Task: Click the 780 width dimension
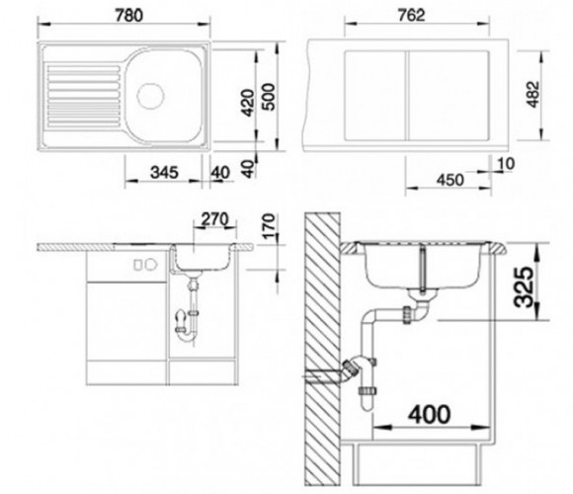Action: (x=128, y=16)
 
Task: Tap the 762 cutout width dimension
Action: (x=411, y=16)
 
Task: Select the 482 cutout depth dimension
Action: (x=532, y=95)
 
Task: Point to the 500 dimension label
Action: (x=269, y=97)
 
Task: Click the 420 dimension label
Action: (x=248, y=103)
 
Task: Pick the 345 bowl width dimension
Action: (x=164, y=173)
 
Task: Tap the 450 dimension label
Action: (x=450, y=180)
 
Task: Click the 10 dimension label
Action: (x=506, y=164)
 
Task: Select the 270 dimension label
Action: (x=214, y=219)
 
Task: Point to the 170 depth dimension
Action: (x=269, y=226)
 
